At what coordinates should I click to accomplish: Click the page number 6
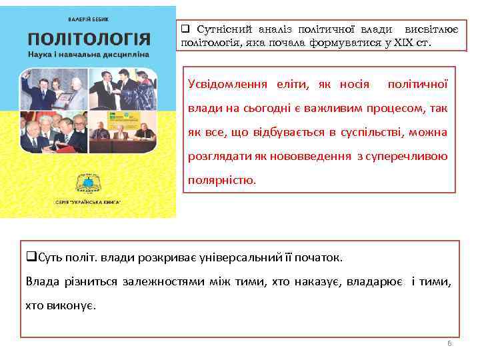coord(449,343)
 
